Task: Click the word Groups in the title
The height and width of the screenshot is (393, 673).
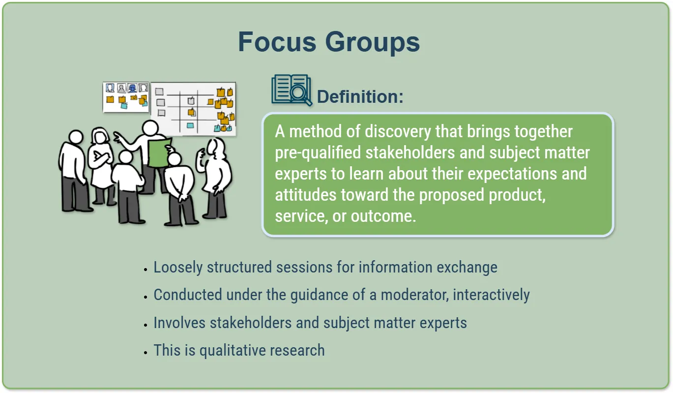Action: coord(372,43)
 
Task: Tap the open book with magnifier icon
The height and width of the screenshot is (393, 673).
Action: coord(292,90)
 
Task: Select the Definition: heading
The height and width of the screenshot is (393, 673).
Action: coord(360,96)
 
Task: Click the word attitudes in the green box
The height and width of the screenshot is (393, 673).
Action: coord(306,195)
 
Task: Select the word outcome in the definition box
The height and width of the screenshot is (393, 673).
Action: coord(383,216)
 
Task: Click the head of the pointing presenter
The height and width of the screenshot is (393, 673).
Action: coord(150,128)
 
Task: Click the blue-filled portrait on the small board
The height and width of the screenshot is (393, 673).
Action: coord(132,88)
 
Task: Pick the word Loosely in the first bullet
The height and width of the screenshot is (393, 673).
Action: coord(178,267)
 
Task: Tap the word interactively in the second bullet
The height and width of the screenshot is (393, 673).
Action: coord(491,295)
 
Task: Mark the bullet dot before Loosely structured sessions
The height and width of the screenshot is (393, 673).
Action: coord(146,270)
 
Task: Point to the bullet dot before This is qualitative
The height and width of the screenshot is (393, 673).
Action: coord(146,353)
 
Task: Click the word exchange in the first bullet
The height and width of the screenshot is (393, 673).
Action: coord(467,267)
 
